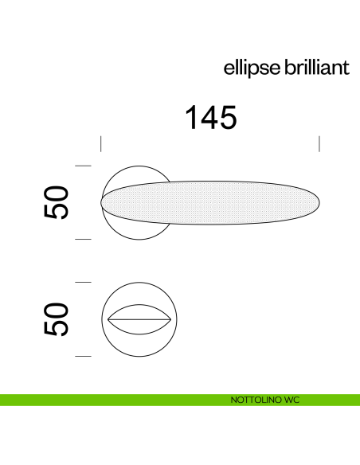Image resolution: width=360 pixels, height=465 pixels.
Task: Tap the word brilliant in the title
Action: pos(317,68)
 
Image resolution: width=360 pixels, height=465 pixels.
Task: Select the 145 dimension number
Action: pos(211,118)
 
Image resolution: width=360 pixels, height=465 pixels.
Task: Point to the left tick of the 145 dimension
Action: pos(101,144)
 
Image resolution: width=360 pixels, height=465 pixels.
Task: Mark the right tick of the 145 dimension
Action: pos(319,144)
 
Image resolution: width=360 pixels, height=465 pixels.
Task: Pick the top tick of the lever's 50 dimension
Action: pos(83,165)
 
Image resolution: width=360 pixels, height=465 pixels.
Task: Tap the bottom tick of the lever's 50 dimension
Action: pos(83,239)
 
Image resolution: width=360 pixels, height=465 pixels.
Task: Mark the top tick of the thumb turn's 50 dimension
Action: pos(83,282)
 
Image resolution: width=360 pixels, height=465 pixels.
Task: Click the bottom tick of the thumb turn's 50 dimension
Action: pos(83,356)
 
